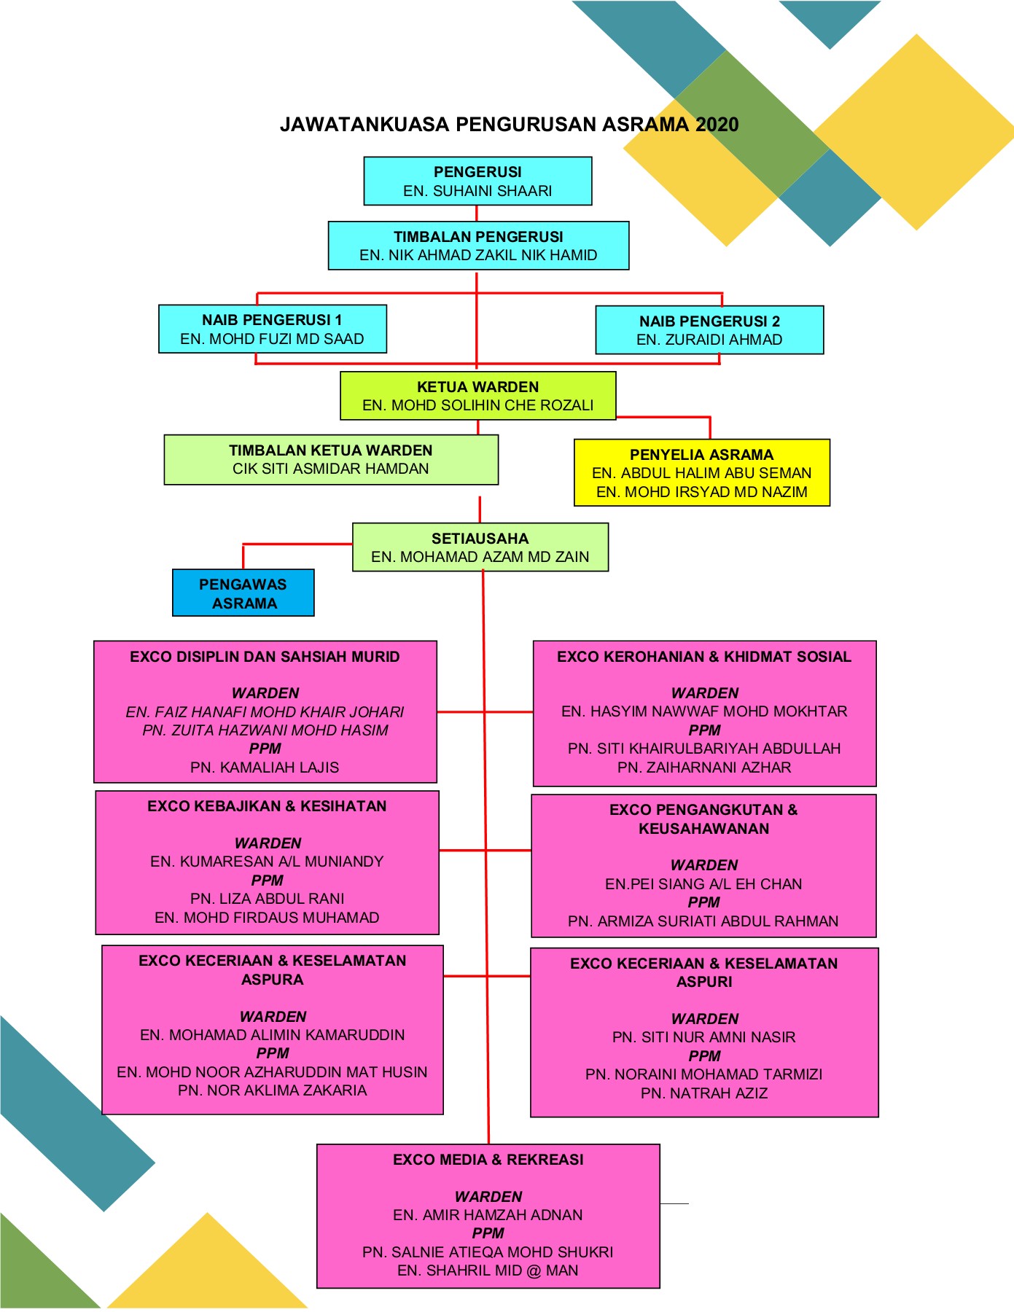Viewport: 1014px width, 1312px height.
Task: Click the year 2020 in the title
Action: [717, 125]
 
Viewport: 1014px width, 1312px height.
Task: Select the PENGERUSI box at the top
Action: [477, 181]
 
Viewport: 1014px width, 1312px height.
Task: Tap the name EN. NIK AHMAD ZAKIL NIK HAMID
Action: [478, 255]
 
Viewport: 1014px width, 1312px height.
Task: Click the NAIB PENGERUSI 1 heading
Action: [272, 320]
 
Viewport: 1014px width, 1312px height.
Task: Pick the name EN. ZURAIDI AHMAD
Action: [709, 340]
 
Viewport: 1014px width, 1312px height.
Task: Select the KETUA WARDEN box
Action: [477, 396]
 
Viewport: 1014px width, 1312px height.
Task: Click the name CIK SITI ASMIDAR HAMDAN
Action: [330, 469]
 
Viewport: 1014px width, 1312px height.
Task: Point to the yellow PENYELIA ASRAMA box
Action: [701, 472]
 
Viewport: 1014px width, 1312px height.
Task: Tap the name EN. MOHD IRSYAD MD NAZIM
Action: [701, 492]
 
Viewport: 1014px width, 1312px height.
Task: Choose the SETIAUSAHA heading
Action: [480, 539]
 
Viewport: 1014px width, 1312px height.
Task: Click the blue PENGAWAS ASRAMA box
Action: [243, 593]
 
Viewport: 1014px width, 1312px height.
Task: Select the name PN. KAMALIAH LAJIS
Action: [265, 768]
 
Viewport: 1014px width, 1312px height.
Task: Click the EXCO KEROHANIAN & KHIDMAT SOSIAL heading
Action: [703, 657]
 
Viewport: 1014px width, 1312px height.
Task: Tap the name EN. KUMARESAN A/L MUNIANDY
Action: [267, 862]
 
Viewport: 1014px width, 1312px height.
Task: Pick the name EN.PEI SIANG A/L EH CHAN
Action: [703, 884]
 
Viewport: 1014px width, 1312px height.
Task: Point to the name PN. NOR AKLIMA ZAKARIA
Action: [272, 1090]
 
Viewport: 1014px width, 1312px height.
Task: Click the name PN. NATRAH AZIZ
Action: [703, 1093]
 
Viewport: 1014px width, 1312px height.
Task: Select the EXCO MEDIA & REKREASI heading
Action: [488, 1160]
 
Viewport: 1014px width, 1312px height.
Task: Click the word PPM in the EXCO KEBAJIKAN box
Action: [267, 880]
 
